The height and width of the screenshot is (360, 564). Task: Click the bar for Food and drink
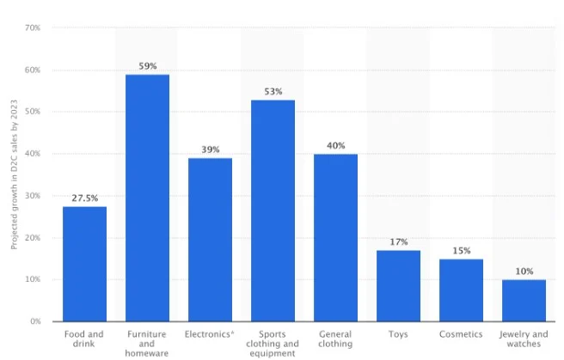click(84, 264)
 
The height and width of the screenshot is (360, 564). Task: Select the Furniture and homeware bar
click(147, 198)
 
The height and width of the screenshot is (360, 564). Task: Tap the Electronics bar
click(210, 240)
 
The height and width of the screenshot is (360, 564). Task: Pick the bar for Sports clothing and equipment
click(273, 211)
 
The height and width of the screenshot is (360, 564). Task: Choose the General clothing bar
click(335, 238)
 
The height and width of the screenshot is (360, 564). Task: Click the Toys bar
click(398, 286)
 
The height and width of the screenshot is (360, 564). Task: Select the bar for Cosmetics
click(461, 290)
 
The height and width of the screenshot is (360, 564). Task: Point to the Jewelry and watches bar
click(524, 301)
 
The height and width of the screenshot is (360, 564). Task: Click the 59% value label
click(148, 66)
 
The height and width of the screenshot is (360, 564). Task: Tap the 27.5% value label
click(85, 198)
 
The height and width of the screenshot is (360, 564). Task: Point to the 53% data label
click(273, 92)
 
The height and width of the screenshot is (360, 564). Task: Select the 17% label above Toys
click(399, 241)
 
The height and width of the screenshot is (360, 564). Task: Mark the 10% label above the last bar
click(524, 272)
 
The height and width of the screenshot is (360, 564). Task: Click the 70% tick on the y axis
click(33, 27)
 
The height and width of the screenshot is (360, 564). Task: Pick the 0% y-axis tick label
click(35, 321)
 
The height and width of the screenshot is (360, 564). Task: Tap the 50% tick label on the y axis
click(33, 112)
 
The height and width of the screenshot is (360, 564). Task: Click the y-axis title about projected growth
click(14, 174)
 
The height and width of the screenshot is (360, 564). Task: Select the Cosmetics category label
click(461, 334)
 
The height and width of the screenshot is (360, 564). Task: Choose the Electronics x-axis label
click(209, 334)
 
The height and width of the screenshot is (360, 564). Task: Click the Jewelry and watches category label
click(524, 339)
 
